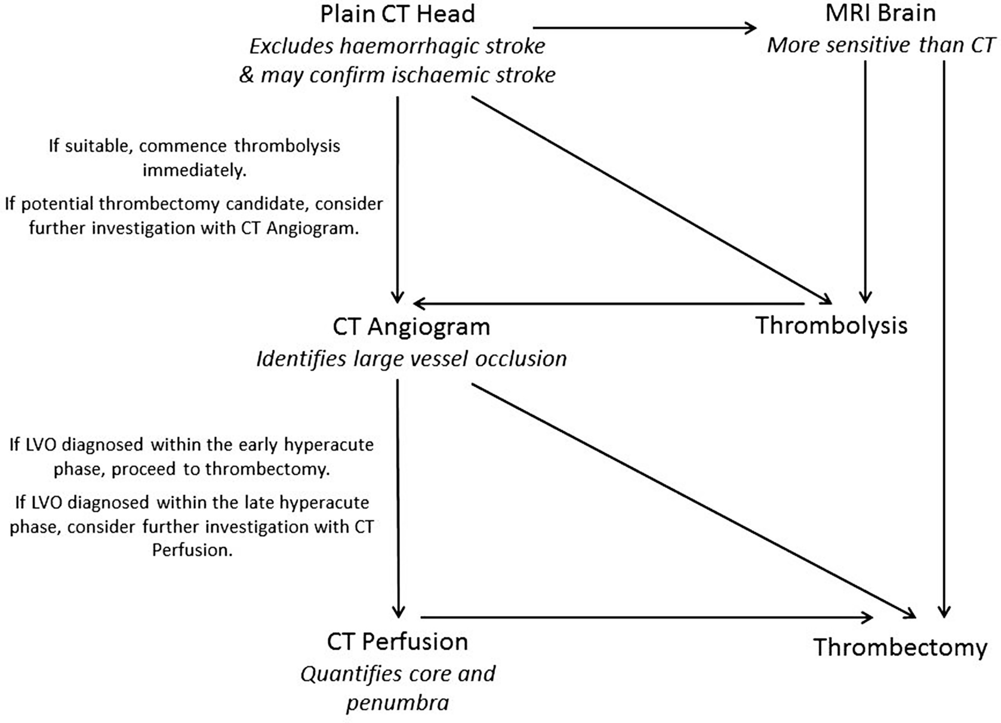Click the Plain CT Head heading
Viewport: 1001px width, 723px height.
[397, 14]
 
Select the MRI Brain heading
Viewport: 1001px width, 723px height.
[880, 13]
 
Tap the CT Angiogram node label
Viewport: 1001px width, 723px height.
[411, 327]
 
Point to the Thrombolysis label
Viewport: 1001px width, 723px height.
[831, 325]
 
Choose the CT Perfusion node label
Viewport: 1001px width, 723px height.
[397, 642]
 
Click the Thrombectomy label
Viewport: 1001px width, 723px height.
[900, 648]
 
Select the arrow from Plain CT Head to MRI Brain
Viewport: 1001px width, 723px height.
[645, 27]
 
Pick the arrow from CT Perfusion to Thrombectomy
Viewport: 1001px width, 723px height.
[645, 617]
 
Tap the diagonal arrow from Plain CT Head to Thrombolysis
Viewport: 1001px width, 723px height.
[651, 199]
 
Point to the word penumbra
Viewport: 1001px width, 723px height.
[398, 703]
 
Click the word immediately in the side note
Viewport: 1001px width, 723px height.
[194, 171]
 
